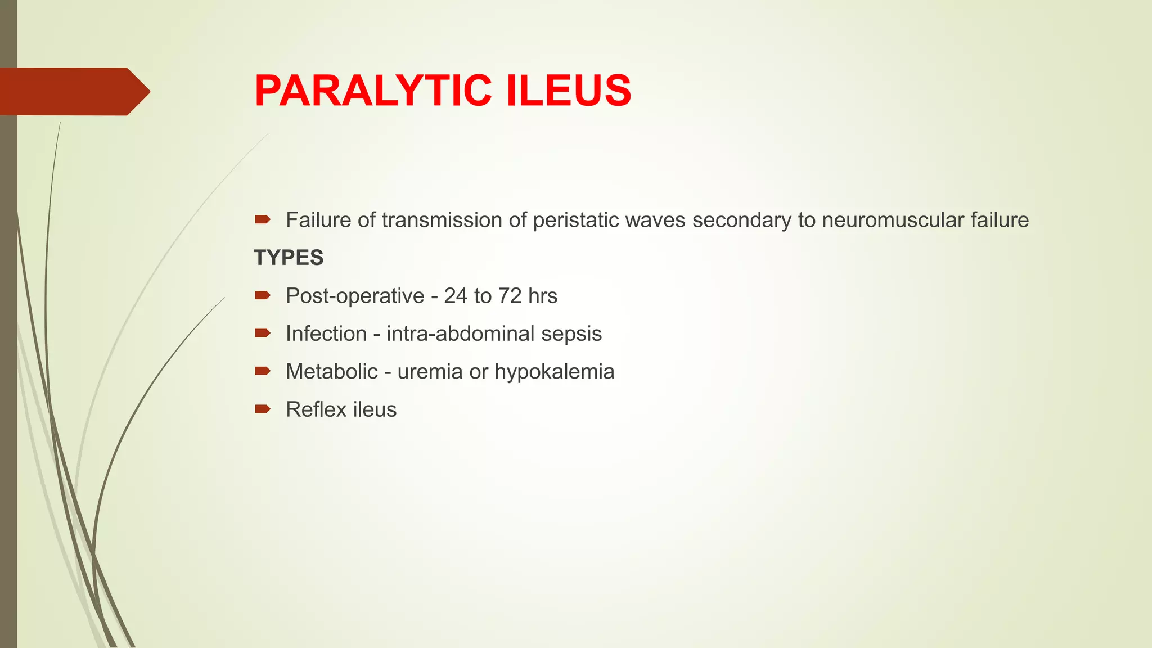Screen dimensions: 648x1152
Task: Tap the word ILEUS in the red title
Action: (569, 91)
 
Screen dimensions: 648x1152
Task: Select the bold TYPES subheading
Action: (289, 258)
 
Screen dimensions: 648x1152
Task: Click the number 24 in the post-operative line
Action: (455, 296)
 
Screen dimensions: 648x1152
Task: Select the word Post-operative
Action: (355, 296)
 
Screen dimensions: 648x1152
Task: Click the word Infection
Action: (326, 334)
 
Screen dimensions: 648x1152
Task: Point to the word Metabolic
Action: (332, 372)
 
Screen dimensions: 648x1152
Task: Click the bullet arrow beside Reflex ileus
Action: (263, 409)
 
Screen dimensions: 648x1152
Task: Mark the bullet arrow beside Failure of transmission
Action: (263, 219)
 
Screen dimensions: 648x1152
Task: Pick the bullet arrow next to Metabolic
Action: (263, 371)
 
